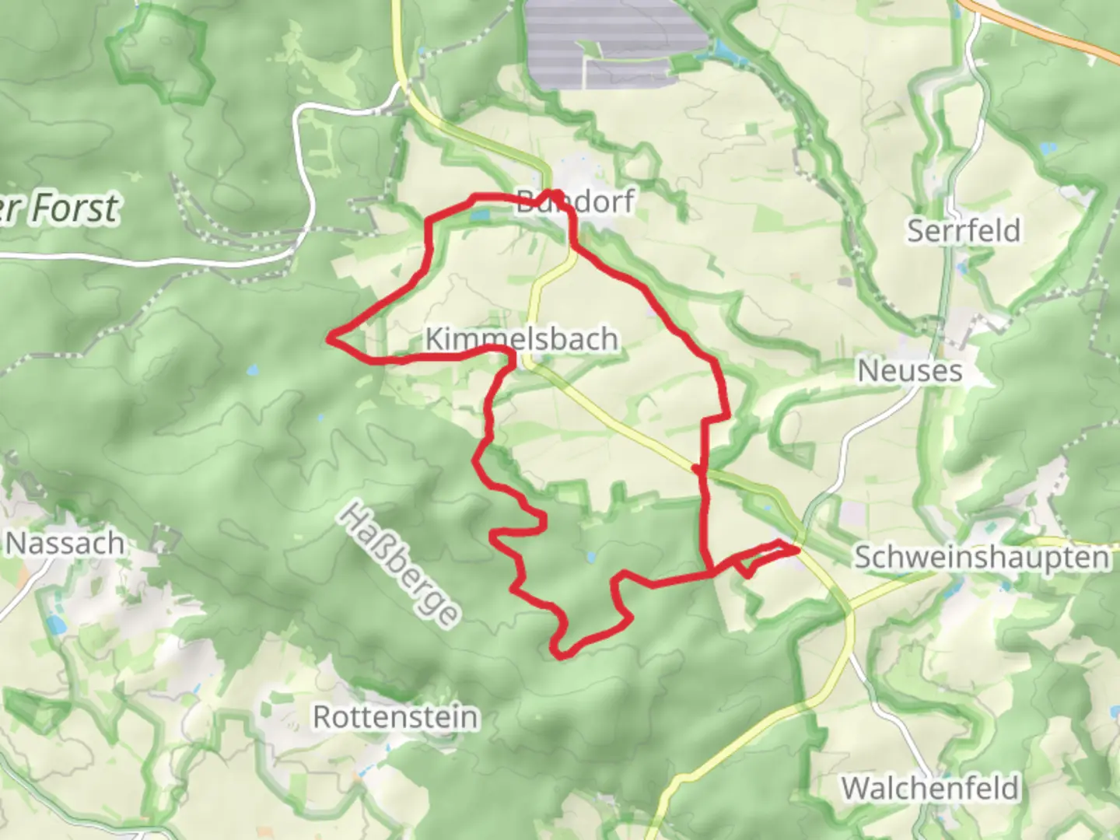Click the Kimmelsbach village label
point(522,339)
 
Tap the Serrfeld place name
point(964,231)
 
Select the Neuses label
point(909,371)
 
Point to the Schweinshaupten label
point(982,558)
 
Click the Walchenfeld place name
point(929,789)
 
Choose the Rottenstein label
point(395,716)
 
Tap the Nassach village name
point(65,543)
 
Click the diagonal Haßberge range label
point(399,564)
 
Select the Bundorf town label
point(576,201)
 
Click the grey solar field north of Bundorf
point(614,39)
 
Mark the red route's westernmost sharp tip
point(329,338)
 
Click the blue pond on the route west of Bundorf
point(479,212)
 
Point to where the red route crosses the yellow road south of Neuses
point(698,469)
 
